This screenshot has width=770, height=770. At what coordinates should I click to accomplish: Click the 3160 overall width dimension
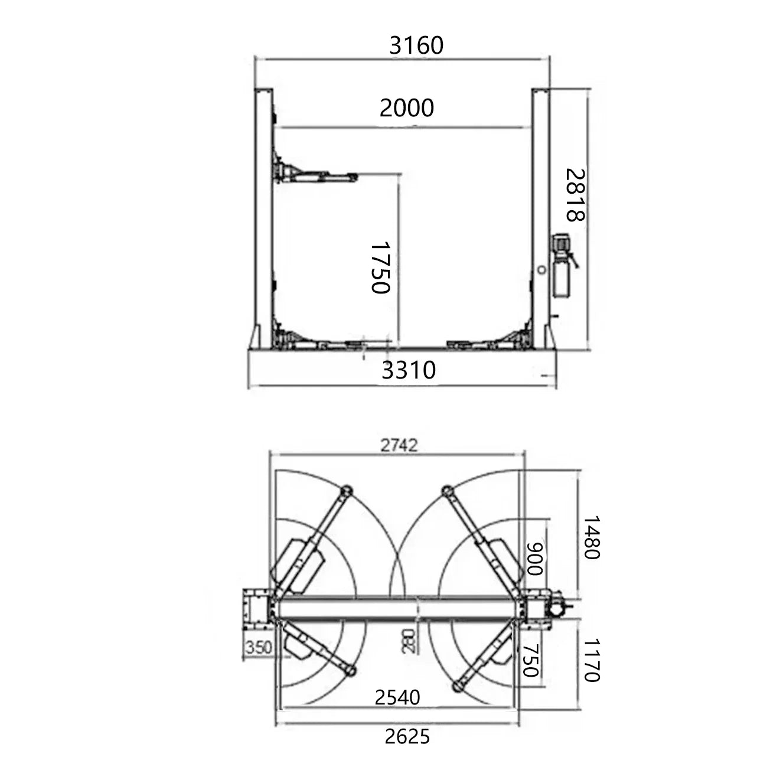coord(416,45)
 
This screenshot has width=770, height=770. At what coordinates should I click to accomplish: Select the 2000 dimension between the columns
coord(406,108)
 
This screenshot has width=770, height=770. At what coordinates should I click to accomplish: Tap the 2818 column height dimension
coord(575,195)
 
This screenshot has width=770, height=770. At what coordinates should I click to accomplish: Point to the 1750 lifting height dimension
coord(380,267)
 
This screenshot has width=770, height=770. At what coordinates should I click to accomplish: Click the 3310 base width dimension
coord(409,370)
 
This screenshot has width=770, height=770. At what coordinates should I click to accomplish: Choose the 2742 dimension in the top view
coord(399,445)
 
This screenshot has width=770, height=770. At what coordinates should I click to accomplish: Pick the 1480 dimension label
coord(592,537)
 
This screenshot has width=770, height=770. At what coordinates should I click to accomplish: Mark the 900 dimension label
coord(535,559)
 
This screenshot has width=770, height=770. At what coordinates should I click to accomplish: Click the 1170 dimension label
coord(592,660)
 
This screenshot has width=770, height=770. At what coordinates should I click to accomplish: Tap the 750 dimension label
coord(531,661)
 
